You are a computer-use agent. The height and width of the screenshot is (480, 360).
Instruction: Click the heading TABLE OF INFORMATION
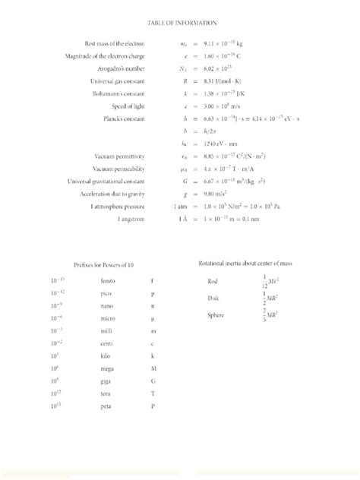click(x=179, y=24)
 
